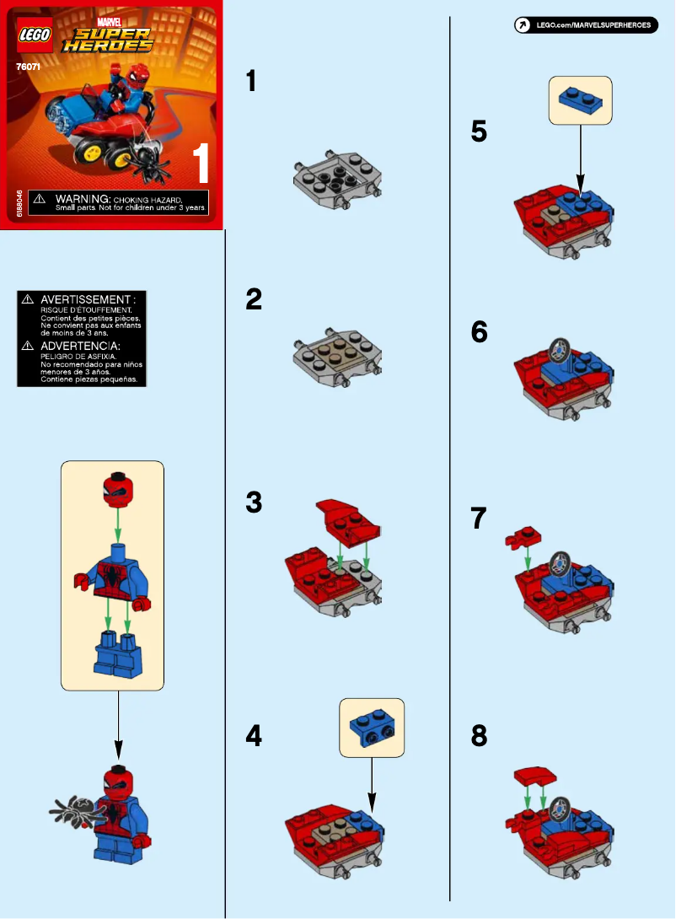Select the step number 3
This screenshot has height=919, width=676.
(x=254, y=503)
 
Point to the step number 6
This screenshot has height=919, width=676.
(x=479, y=332)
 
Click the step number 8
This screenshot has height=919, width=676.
(x=479, y=736)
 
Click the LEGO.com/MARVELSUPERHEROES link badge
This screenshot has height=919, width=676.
(x=586, y=25)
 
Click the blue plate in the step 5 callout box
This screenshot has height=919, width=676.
(x=580, y=99)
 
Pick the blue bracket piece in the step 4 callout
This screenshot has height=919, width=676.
(x=371, y=726)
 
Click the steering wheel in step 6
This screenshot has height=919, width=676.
(x=558, y=347)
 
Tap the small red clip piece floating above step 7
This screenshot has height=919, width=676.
(x=523, y=536)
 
